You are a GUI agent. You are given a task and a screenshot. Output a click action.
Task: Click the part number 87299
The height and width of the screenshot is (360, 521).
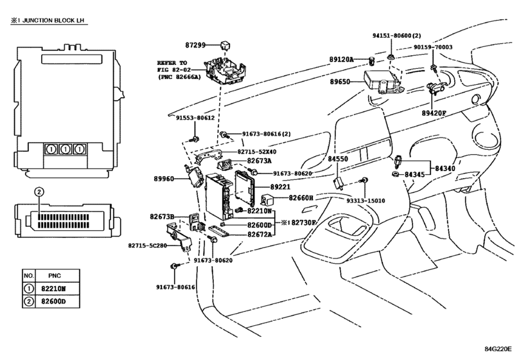point(195,45)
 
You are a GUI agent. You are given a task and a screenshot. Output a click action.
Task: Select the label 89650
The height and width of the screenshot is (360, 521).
point(340,82)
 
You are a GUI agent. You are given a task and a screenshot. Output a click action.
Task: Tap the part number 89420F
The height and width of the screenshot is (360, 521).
point(434,113)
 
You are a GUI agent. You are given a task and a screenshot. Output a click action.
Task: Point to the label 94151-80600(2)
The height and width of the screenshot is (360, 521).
point(396,35)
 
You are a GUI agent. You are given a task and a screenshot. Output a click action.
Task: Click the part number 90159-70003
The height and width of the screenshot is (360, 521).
point(433,47)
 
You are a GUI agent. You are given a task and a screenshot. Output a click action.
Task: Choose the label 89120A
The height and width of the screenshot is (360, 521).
point(342,60)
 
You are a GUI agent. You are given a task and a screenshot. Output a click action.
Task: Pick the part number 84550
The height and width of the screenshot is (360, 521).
point(338,159)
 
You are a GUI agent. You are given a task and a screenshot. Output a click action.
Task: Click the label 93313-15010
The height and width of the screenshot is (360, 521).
point(366,201)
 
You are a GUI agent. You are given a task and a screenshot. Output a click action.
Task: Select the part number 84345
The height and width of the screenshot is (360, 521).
point(414,174)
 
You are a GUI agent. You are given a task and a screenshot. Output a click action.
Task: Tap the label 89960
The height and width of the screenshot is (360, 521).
point(164,179)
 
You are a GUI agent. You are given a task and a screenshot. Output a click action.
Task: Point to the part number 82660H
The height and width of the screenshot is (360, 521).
point(301,198)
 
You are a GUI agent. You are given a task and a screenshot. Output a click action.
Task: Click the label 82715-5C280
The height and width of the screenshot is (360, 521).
point(148,246)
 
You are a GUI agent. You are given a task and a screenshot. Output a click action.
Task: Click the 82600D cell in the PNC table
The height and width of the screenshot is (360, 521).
point(53,301)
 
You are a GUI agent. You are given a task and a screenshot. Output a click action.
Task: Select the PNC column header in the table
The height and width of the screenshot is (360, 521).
point(55,276)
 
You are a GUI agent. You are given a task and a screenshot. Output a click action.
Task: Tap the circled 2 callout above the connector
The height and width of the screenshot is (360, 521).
point(39,192)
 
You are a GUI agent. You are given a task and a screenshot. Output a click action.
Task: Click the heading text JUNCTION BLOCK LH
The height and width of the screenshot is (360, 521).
point(53,21)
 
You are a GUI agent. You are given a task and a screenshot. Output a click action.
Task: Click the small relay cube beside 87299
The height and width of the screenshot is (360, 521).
point(225,45)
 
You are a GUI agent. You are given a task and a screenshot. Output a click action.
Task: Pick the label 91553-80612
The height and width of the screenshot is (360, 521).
point(195,118)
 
